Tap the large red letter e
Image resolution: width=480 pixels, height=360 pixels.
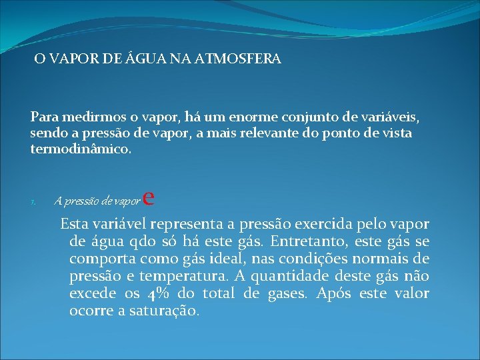click(149, 197)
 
